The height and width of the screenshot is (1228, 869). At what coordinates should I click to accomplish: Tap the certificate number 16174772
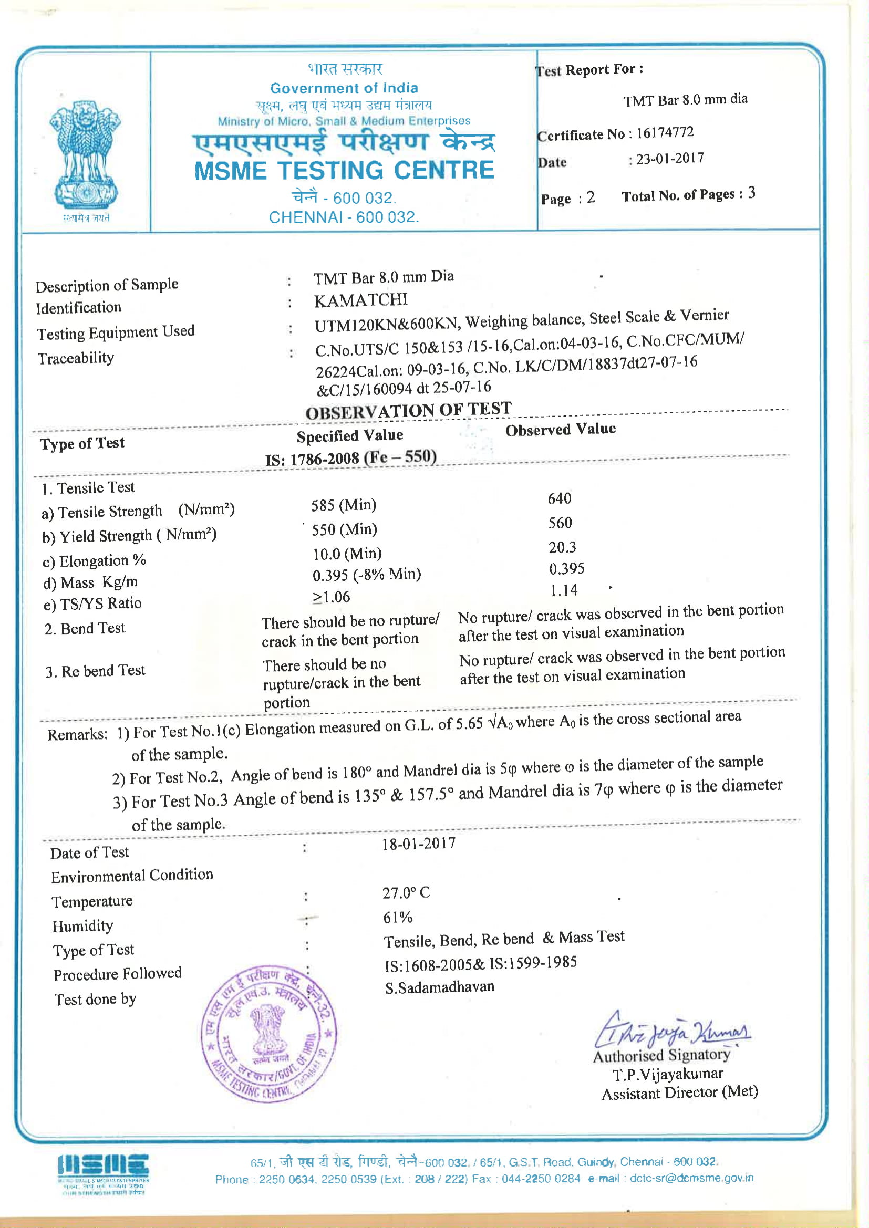665,133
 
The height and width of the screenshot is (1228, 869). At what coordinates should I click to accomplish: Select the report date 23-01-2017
669,159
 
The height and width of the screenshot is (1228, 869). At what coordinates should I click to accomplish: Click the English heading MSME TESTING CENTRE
344,171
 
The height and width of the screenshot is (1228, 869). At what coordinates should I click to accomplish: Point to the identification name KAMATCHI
360,300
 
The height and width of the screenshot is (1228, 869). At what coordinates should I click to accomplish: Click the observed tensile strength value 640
560,498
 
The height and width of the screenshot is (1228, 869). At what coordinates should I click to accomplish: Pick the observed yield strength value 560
560,523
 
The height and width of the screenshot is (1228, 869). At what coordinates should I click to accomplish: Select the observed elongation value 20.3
562,547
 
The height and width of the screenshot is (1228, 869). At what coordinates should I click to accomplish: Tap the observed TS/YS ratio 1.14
564,590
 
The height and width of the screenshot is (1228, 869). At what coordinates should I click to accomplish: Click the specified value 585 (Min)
344,505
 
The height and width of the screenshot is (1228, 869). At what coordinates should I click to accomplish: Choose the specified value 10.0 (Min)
347,554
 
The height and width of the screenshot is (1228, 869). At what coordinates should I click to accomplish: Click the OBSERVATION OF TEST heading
408,411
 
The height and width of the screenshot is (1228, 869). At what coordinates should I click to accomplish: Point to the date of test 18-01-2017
418,844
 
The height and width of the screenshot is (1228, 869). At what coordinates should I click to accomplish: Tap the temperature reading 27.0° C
406,893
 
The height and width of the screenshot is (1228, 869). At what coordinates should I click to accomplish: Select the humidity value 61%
398,918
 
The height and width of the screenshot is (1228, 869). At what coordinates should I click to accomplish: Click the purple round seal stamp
268,1034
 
